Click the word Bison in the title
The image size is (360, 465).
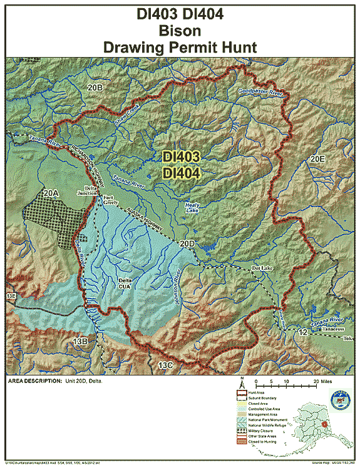pos(180,29)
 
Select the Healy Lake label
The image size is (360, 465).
pos(193,208)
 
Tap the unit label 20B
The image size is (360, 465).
pos(95,87)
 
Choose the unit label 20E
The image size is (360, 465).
pos(317,160)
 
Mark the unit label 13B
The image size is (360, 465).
pos(80,341)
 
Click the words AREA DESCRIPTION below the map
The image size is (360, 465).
pos(33,380)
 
